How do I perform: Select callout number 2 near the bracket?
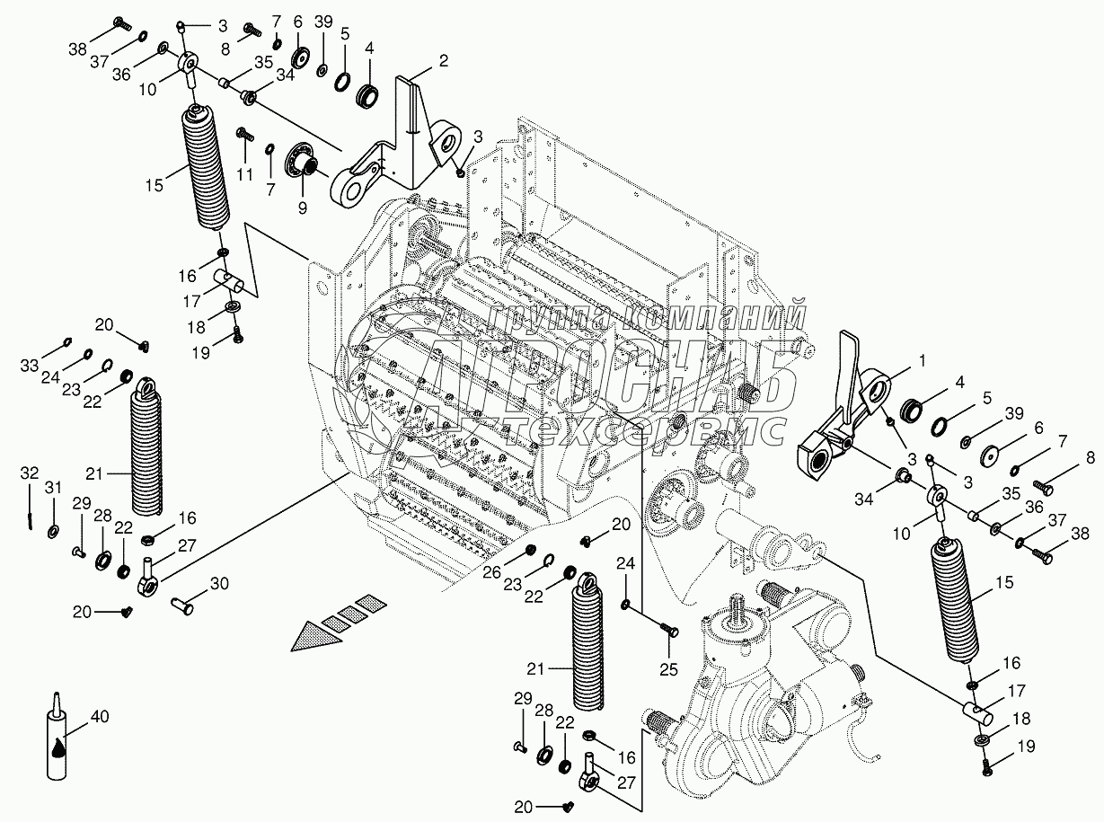click(443, 62)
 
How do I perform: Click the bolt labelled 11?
click(242, 135)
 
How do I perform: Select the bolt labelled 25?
click(667, 629)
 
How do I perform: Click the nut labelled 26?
click(530, 550)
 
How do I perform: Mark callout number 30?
click(219, 584)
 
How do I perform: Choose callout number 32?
click(30, 473)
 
